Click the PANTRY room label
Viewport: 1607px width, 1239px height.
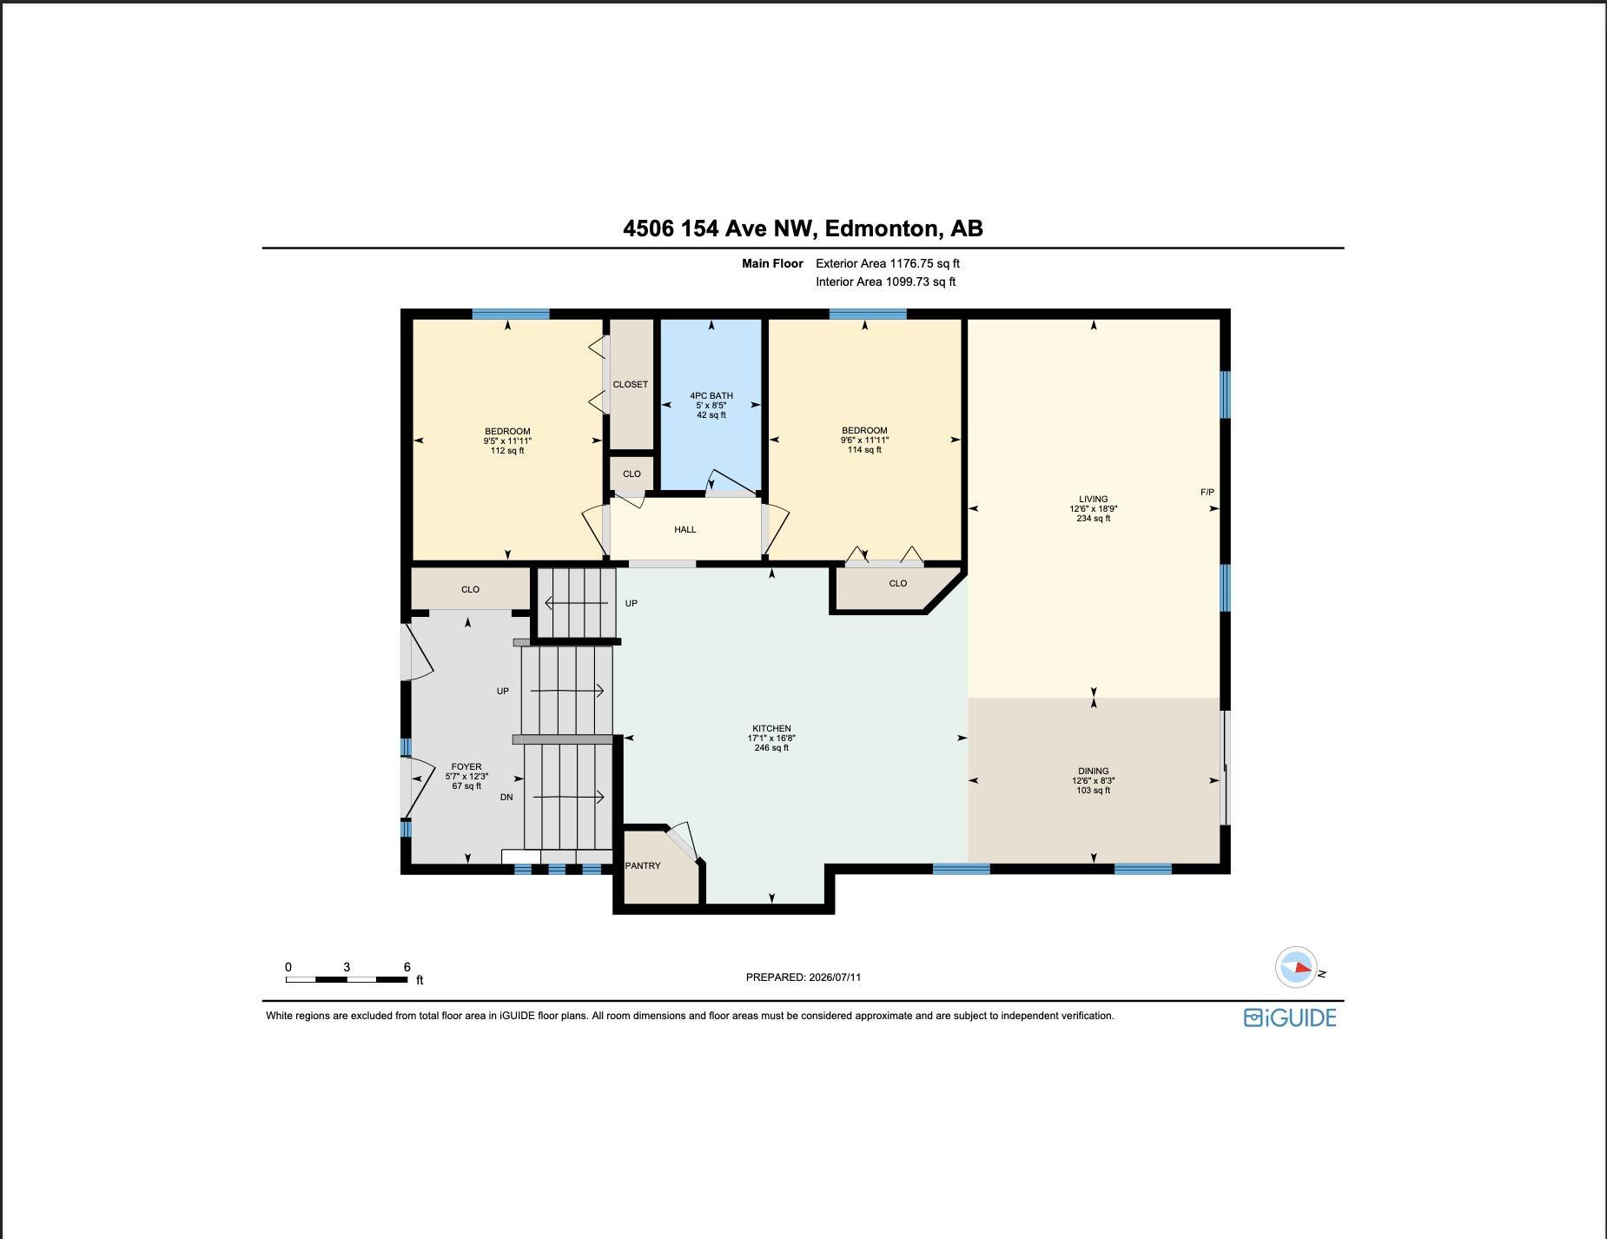[643, 865]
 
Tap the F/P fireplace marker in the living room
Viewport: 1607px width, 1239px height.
[1207, 493]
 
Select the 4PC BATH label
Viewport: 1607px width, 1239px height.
[711, 395]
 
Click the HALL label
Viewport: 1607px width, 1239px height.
[685, 529]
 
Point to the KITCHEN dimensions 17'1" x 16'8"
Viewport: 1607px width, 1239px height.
[771, 739]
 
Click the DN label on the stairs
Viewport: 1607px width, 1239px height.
[506, 798]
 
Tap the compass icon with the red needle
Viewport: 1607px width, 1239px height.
[1295, 967]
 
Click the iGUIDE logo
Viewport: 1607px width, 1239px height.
[1290, 1017]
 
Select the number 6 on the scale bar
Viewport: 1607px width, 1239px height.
[407, 967]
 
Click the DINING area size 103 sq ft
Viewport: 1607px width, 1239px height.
[1094, 791]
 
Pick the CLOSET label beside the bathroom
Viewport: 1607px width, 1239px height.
[631, 384]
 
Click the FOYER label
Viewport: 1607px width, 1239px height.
[466, 767]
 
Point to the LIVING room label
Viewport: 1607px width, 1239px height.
[1094, 500]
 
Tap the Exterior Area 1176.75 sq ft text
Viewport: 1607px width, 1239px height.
[888, 263]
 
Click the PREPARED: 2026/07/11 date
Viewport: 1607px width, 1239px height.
[803, 977]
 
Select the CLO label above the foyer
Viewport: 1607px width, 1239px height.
[470, 589]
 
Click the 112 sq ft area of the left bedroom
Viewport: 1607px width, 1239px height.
[507, 451]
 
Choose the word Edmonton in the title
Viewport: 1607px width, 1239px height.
[882, 229]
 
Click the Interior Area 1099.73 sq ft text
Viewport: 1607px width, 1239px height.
[886, 282]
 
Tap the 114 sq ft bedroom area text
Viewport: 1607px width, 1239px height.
[864, 450]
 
